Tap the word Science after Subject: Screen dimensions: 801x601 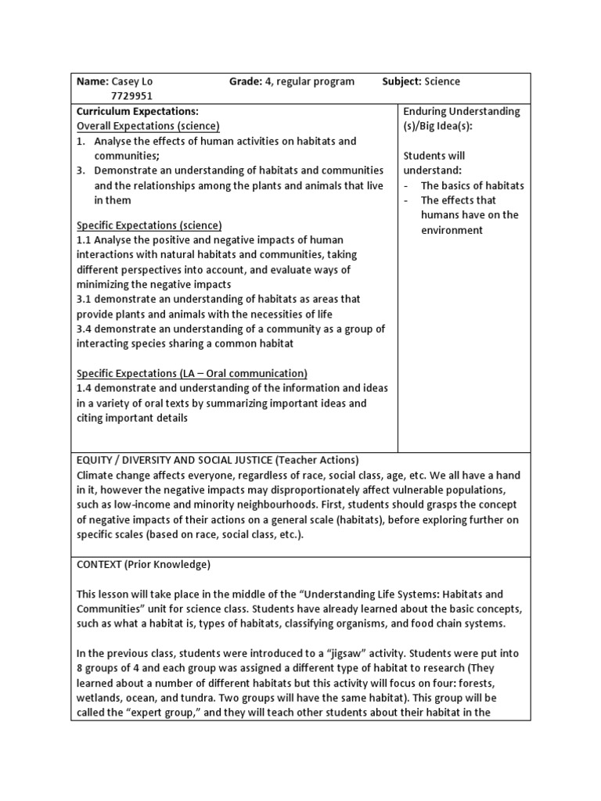click(442, 81)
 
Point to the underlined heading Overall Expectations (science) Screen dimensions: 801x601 click(148, 126)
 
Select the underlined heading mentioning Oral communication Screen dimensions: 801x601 click(192, 373)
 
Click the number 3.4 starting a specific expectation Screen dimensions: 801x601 click(85, 329)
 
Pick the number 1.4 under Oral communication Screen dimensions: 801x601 click(85, 388)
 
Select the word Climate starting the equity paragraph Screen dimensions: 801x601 click(96, 475)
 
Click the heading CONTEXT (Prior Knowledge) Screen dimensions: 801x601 click(143, 564)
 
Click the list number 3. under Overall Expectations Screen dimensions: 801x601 click(81, 171)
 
